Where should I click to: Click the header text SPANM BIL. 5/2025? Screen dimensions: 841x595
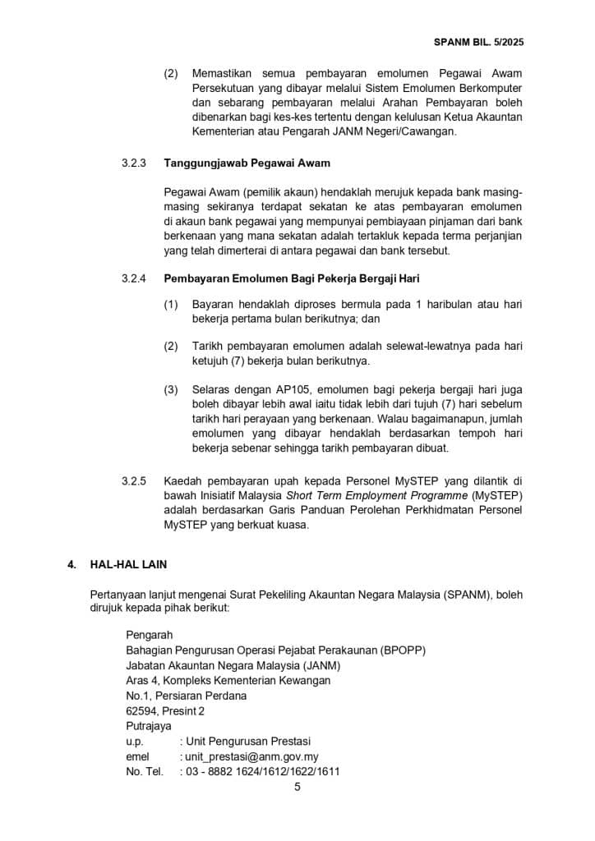[520, 40]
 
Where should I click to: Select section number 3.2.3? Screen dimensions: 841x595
[133, 163]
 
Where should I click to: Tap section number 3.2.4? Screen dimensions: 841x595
[133, 278]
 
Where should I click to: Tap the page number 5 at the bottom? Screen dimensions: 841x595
[297, 787]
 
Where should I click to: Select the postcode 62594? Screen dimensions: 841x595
[141, 710]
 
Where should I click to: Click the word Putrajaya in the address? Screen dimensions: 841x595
[149, 726]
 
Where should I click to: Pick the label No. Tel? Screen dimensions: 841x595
[145, 771]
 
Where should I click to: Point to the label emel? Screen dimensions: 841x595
[136, 756]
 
